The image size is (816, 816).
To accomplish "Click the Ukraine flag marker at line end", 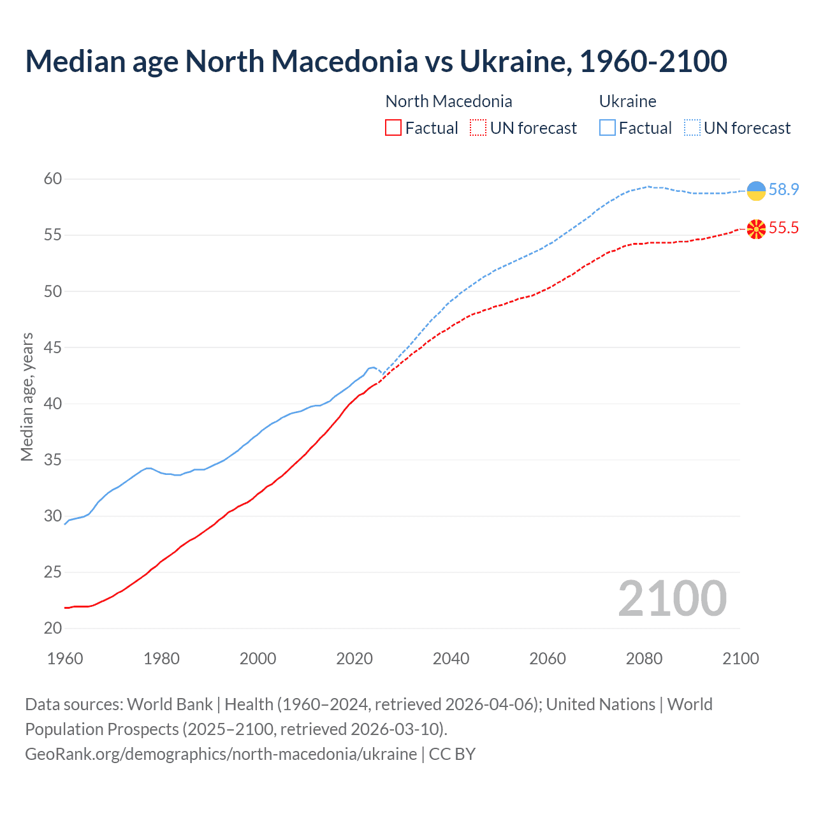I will click(x=756, y=191).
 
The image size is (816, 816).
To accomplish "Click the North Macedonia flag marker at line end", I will click(x=756, y=229).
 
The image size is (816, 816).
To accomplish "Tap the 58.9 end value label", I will click(x=783, y=190).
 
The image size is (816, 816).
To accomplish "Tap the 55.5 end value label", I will click(x=783, y=228).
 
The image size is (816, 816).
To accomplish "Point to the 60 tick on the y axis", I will click(x=53, y=179).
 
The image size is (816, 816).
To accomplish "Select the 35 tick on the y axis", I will click(x=53, y=460).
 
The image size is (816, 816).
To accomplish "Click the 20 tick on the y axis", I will click(x=53, y=629).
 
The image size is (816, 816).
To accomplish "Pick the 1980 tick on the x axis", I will click(x=161, y=659).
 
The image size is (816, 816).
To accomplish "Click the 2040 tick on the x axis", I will click(x=451, y=659).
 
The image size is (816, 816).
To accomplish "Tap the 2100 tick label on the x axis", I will click(x=740, y=659).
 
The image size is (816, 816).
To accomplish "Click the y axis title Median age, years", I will click(x=27, y=397).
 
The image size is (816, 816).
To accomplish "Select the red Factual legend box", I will click(x=393, y=128).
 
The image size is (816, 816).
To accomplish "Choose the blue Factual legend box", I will click(x=608, y=128).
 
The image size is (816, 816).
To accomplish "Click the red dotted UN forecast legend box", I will click(x=478, y=128).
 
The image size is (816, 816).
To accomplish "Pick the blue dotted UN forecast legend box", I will click(x=692, y=128).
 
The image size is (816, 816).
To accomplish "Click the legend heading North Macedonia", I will click(x=449, y=101).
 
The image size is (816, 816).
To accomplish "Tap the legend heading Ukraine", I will click(x=627, y=101).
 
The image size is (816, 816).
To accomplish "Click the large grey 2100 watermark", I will click(x=672, y=598).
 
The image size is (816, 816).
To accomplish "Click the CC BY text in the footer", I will click(x=452, y=754).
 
